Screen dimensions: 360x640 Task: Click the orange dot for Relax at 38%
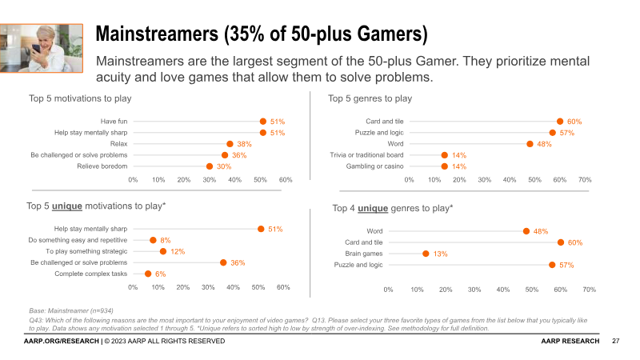[x=230, y=144]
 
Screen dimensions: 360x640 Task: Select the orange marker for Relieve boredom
[x=210, y=166]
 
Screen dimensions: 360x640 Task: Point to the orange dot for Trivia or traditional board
[x=444, y=155]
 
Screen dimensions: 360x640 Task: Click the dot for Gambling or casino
[x=444, y=166]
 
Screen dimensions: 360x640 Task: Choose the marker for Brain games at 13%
[x=426, y=254]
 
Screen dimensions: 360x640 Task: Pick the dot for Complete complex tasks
[x=148, y=274]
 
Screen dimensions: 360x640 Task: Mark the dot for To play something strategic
[x=163, y=251]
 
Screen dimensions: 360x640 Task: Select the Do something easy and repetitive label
[x=78, y=240]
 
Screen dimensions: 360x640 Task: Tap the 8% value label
[x=166, y=240]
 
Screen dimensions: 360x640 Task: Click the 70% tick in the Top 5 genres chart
[x=585, y=180]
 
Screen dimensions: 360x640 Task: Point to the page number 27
[x=616, y=342]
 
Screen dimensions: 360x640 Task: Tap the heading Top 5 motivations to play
[x=80, y=98]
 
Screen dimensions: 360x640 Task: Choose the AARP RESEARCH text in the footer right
[x=570, y=342]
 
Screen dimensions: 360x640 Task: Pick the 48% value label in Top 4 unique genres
[x=541, y=231]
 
